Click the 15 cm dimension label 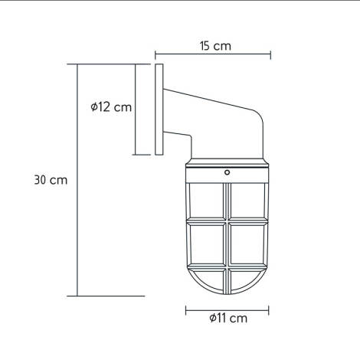(214, 46)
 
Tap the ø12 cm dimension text (110, 107)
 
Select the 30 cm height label (51, 181)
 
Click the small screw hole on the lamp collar (227, 173)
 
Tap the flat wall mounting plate (159, 110)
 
